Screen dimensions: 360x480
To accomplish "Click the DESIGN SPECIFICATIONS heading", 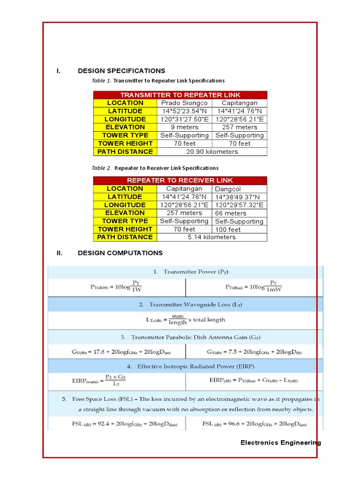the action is click(x=121, y=71).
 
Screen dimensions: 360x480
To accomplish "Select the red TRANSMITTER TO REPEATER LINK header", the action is click(x=180, y=95).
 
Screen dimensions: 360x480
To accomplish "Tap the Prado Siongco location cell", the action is click(x=184, y=103).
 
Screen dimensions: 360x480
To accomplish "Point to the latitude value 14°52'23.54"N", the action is click(x=184, y=111).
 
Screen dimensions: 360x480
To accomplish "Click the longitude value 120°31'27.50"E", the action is click(x=184, y=119).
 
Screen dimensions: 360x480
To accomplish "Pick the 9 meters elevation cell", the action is click(x=184, y=127).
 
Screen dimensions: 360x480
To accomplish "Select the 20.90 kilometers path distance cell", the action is click(x=212, y=152).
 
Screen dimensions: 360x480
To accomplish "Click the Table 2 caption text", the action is click(x=155, y=168).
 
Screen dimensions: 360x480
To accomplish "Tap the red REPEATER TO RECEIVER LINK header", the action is click(x=180, y=180).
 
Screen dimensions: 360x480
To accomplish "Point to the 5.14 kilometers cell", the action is click(x=212, y=237).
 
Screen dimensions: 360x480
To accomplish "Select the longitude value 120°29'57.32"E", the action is click(x=240, y=205).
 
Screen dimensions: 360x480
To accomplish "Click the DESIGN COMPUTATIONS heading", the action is click(x=120, y=253).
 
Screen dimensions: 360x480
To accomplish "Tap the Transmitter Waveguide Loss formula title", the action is click(x=191, y=305).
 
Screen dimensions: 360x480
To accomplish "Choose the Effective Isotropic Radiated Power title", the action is click(x=191, y=366).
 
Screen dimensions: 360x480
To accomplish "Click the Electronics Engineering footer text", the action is click(x=281, y=442).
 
